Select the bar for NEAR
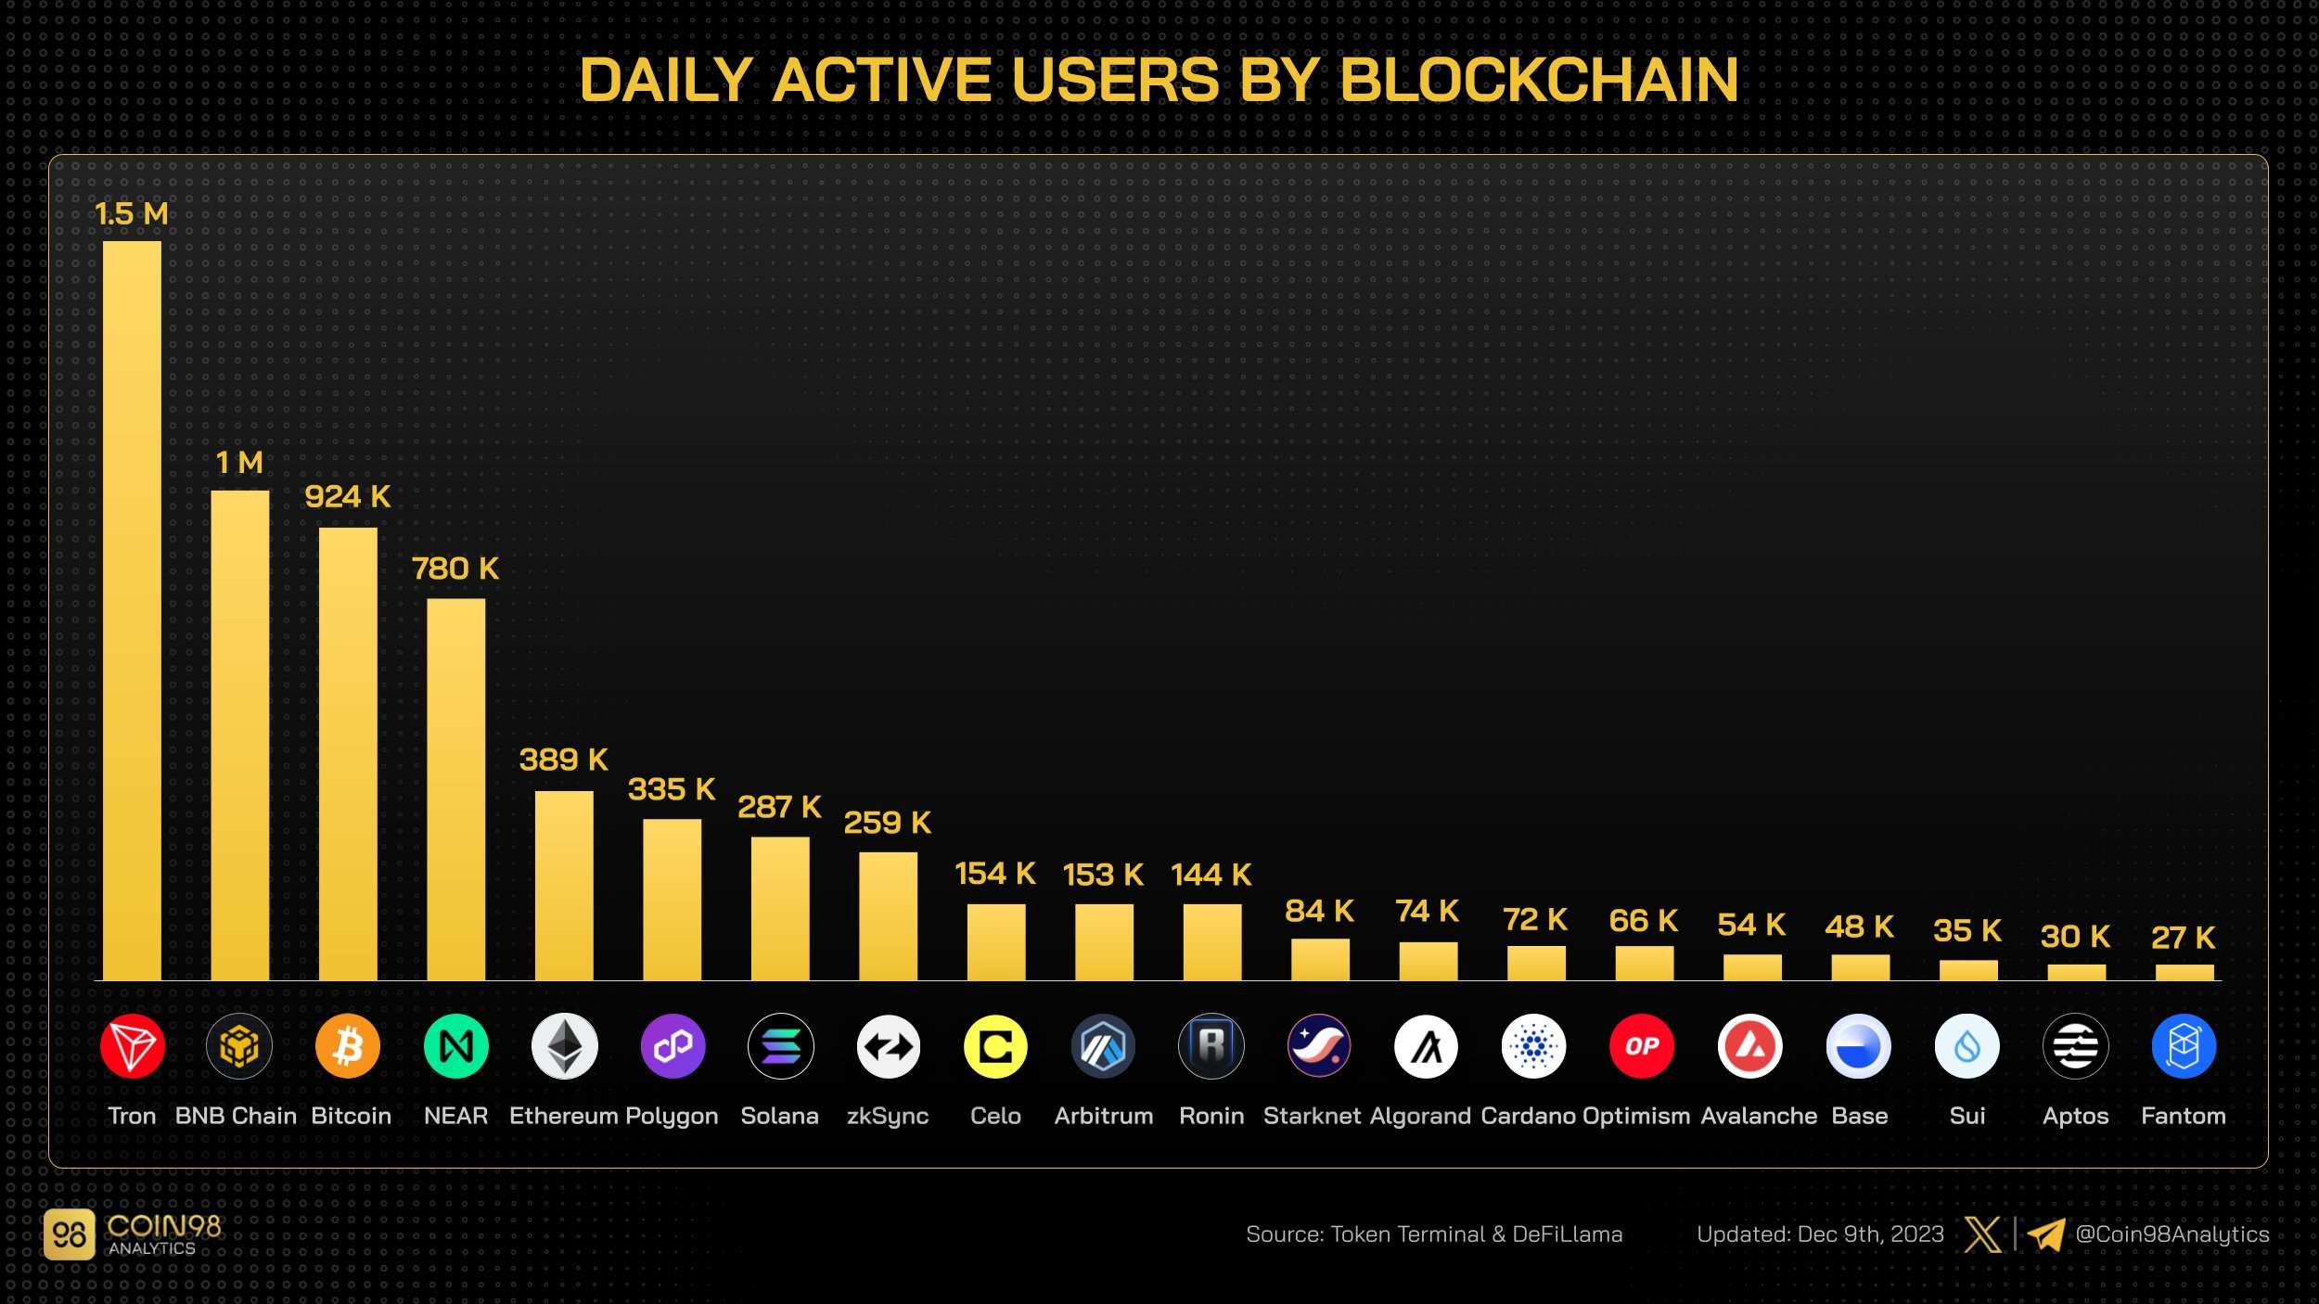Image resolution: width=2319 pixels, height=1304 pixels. point(455,789)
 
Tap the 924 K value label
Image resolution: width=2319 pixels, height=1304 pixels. point(348,497)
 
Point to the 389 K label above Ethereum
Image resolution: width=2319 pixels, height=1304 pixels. point(563,760)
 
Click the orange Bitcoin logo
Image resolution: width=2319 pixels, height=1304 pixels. point(348,1046)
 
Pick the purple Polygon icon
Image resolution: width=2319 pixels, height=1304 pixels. point(673,1046)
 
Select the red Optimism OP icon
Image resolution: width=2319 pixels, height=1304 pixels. point(1642,1046)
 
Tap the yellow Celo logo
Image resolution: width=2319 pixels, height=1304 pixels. point(995,1046)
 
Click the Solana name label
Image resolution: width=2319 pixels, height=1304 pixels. point(779,1116)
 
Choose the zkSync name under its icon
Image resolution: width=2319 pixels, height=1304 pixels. point(888,1116)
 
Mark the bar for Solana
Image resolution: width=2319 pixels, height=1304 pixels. point(780,908)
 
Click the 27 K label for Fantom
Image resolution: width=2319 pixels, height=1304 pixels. point(2184,938)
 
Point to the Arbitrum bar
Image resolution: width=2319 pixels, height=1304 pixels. point(1104,942)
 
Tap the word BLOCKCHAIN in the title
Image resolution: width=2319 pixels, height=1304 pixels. point(1539,80)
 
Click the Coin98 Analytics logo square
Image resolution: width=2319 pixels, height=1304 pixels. point(70,1234)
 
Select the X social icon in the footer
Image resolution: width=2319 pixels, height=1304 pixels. point(1983,1234)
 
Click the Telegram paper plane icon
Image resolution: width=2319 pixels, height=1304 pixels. point(2045,1234)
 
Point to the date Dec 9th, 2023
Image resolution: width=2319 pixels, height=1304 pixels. point(1870,1234)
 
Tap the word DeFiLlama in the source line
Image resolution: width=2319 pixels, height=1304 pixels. point(1568,1234)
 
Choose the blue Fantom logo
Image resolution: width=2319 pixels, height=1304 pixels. point(2184,1046)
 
